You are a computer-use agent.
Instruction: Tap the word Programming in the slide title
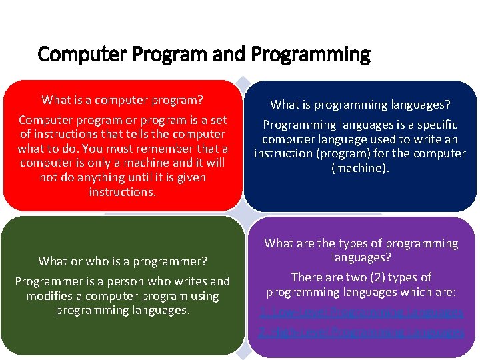(x=323, y=54)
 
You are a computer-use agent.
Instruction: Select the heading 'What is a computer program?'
(x=122, y=100)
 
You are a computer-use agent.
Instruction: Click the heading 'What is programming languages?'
(x=360, y=105)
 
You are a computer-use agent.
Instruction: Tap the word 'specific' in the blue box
(x=435, y=125)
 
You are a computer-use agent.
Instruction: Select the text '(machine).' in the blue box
(x=360, y=168)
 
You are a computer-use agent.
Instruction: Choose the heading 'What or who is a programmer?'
(x=123, y=261)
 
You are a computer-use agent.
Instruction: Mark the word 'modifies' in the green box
(x=47, y=296)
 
